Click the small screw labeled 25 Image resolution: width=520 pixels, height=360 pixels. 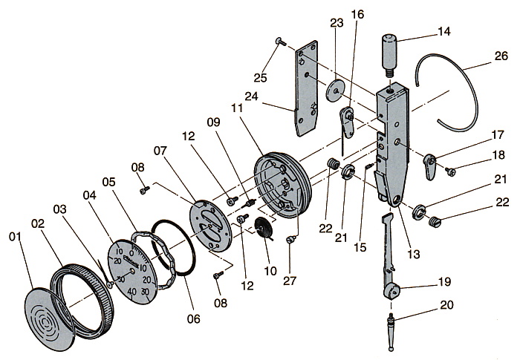[278, 42]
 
